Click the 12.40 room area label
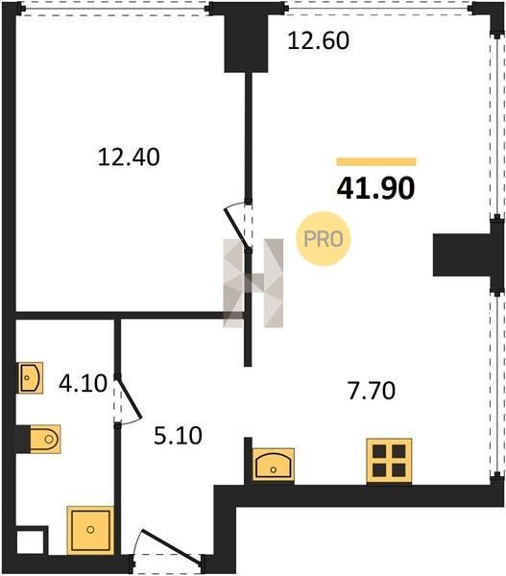129,157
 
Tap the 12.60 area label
318,40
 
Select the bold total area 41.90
376,188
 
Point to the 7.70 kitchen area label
372,391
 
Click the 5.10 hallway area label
178,436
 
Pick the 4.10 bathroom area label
83,383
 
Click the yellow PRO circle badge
324,239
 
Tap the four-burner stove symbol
389,461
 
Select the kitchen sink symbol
274,465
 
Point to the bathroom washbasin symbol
31,377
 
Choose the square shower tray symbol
90,530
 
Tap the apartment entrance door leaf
171,546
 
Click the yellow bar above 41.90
376,161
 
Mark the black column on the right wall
463,254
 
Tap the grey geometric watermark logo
253,283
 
